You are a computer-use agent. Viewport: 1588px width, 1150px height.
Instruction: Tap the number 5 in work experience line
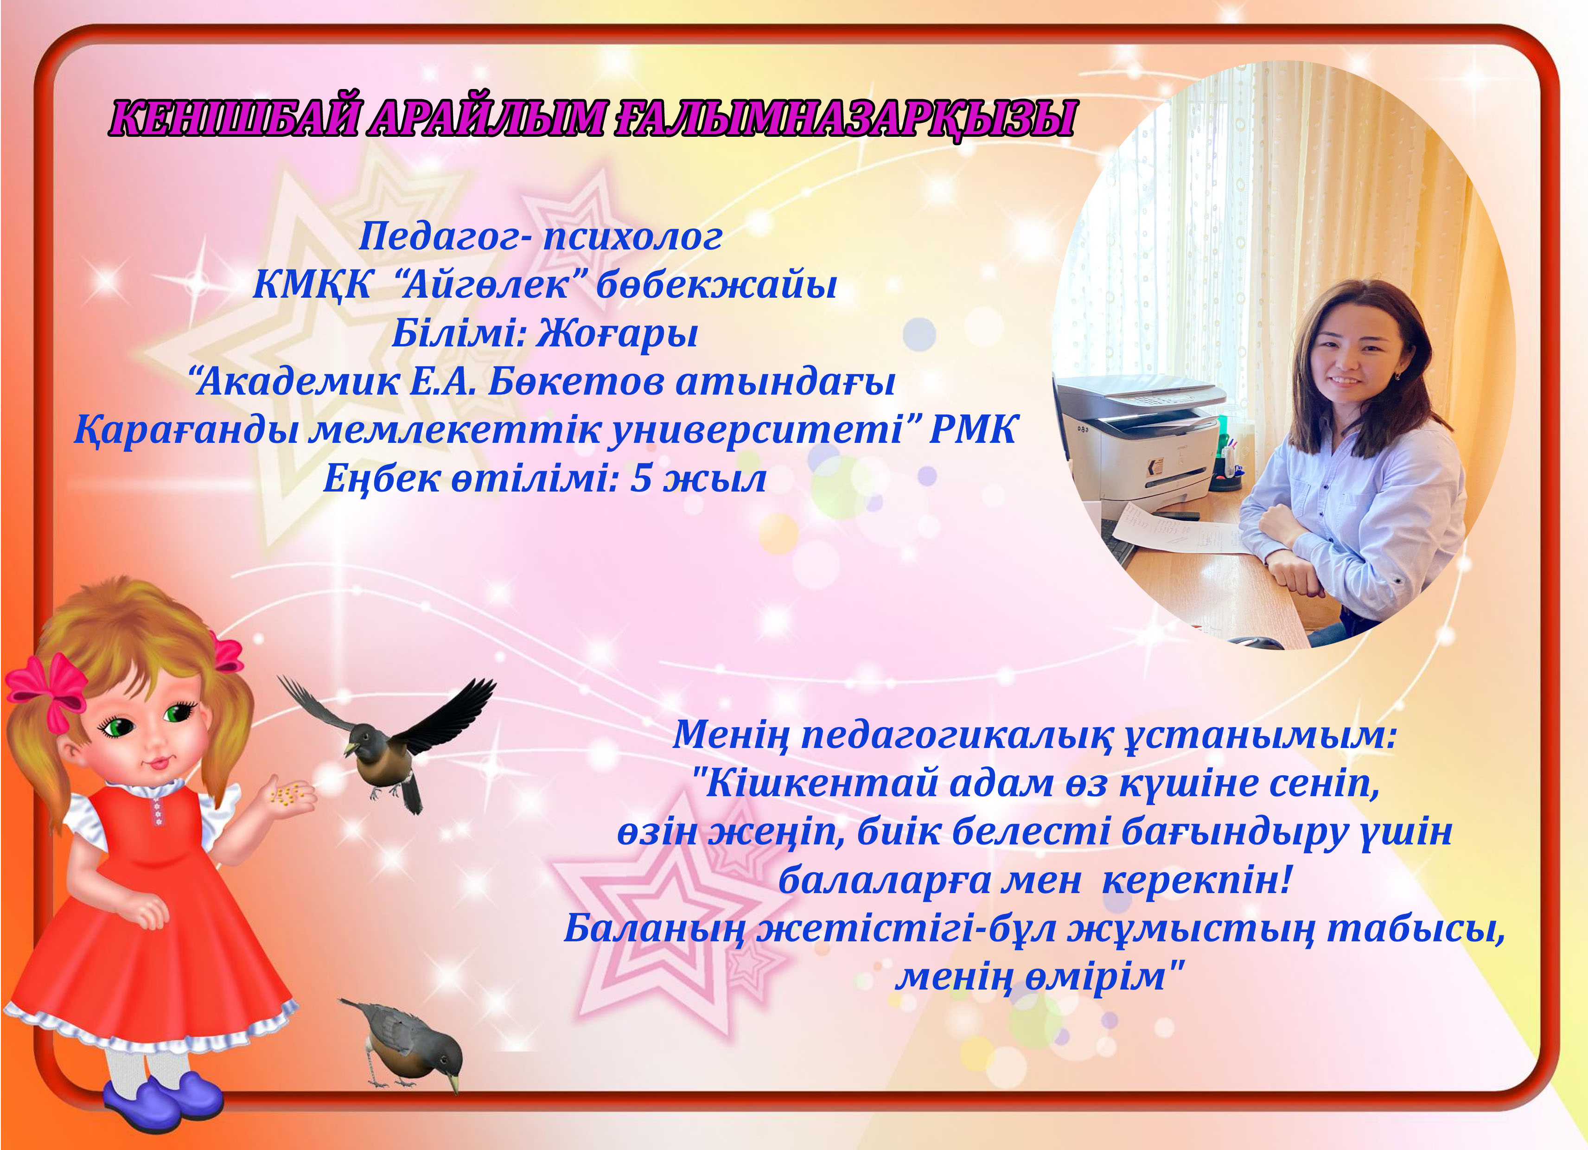point(641,479)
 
